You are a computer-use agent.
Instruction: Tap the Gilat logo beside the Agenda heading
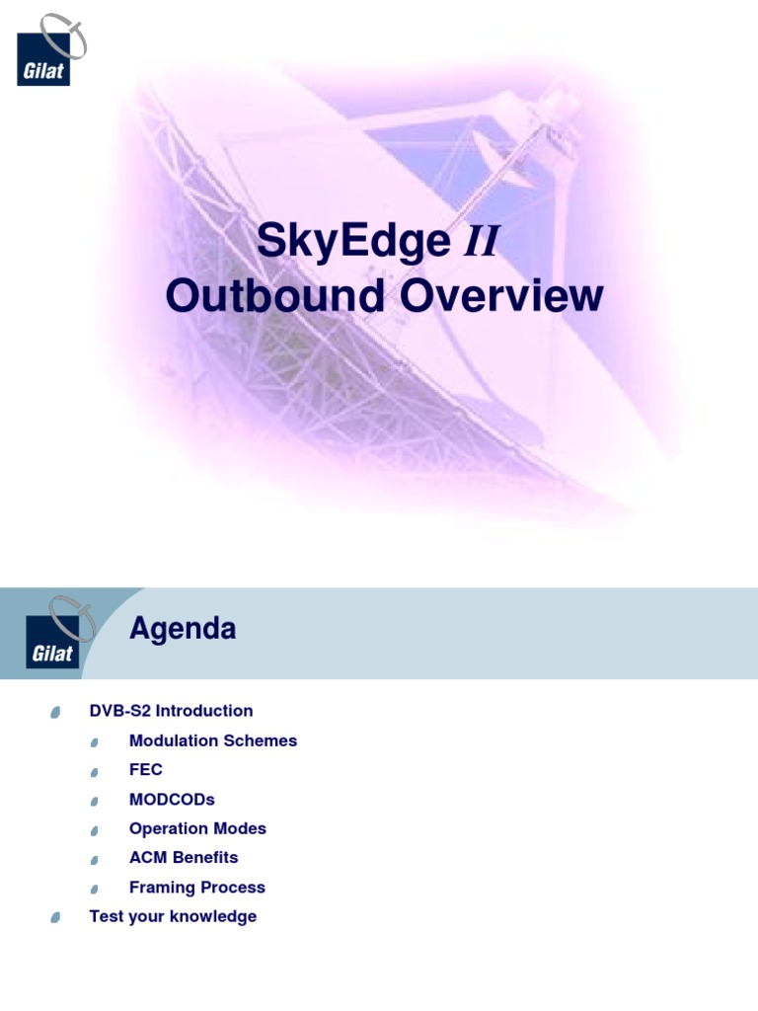point(56,633)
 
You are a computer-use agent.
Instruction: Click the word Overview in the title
point(500,295)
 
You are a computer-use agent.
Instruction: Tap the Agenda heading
point(183,629)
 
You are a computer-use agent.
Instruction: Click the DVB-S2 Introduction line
point(171,711)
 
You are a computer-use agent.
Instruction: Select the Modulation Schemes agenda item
point(213,740)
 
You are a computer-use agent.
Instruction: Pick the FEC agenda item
point(146,770)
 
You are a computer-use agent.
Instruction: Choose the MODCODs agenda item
point(172,800)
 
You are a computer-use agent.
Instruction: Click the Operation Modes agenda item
point(197,828)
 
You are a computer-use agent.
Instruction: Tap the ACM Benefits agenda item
point(184,858)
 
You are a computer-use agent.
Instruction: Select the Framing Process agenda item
point(197,888)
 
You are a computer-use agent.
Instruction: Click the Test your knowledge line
point(173,916)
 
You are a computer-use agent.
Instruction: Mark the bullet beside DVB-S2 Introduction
point(55,712)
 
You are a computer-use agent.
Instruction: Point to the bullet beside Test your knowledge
point(55,918)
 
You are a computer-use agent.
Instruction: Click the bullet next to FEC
point(95,771)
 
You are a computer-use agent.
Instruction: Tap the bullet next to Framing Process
point(95,889)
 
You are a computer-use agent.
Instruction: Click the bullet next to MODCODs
point(95,801)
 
